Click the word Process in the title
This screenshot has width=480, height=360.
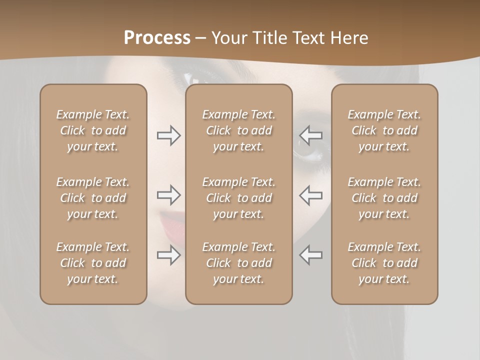click(157, 38)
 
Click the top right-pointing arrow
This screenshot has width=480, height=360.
click(169, 135)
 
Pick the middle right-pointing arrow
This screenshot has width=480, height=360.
click(169, 195)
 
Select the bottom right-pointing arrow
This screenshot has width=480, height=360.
click(169, 255)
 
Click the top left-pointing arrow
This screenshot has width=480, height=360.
click(310, 135)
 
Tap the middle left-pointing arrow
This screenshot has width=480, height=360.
click(310, 195)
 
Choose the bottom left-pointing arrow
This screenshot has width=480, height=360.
click(310, 255)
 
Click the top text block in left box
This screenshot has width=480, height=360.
click(93, 130)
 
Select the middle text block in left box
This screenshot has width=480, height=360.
click(93, 198)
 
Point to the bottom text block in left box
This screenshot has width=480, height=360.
click(93, 263)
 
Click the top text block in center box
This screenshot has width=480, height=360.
click(238, 130)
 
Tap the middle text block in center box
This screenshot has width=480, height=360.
click(238, 198)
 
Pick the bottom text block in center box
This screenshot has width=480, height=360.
click(238, 263)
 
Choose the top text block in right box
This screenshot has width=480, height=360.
click(384, 130)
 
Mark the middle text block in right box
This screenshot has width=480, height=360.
click(384, 198)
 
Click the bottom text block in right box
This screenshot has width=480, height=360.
click(384, 263)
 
